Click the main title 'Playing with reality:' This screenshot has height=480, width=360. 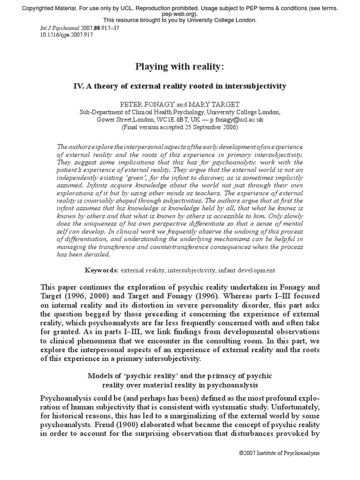(x=180, y=67)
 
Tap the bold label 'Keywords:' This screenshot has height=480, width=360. (x=101, y=270)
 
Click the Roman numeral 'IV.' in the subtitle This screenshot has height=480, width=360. (x=81, y=86)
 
